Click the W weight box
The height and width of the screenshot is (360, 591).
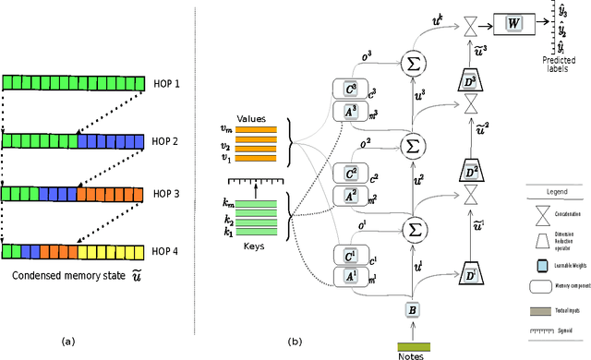510,20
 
